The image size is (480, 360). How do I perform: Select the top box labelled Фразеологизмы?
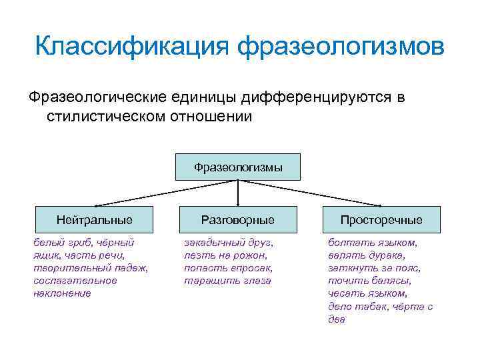[238, 167]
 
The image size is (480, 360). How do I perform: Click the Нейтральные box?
[94, 219]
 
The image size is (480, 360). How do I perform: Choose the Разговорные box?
[238, 219]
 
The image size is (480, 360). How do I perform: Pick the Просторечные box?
[381, 219]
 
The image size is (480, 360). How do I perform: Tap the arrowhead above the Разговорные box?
[238, 203]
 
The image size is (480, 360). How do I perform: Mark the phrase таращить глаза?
[227, 281]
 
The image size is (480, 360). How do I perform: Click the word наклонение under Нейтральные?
[62, 293]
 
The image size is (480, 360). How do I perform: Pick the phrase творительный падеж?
[90, 268]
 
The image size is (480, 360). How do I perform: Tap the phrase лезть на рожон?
[225, 255]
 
